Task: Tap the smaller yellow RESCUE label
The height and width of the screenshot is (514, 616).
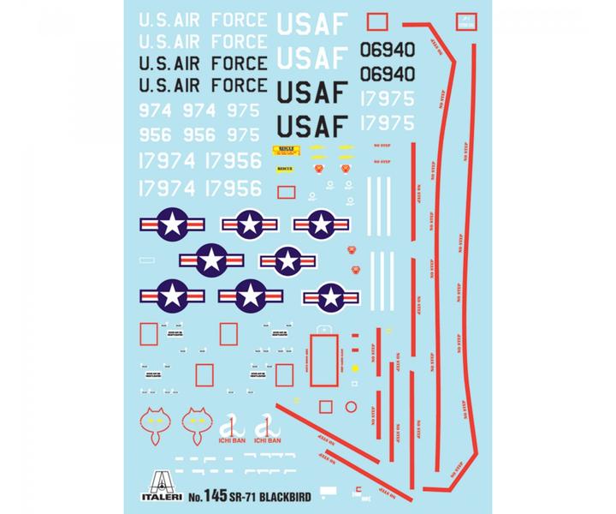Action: [x=285, y=169]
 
